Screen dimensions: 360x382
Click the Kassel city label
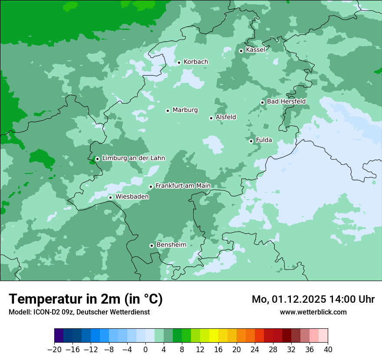tap(255, 50)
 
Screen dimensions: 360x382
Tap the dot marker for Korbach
tap(179, 62)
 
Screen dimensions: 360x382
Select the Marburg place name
tap(185, 110)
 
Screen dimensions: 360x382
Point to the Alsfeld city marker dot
tap(211, 118)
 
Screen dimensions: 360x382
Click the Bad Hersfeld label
tap(286, 101)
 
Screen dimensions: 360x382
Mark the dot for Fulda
tap(251, 141)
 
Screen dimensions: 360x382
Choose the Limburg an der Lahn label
tap(133, 158)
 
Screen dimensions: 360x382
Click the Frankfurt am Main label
tap(183, 186)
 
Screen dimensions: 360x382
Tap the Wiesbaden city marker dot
tap(111, 197)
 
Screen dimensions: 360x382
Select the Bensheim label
tap(171, 245)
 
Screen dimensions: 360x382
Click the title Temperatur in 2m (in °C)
tap(86, 299)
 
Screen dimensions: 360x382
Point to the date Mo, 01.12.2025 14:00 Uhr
tap(313, 299)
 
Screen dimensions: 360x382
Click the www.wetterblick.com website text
tap(313, 312)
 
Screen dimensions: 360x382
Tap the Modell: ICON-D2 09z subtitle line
tap(79, 312)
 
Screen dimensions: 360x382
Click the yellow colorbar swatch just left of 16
tap(214, 336)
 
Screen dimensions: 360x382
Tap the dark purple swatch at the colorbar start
tap(59, 336)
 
